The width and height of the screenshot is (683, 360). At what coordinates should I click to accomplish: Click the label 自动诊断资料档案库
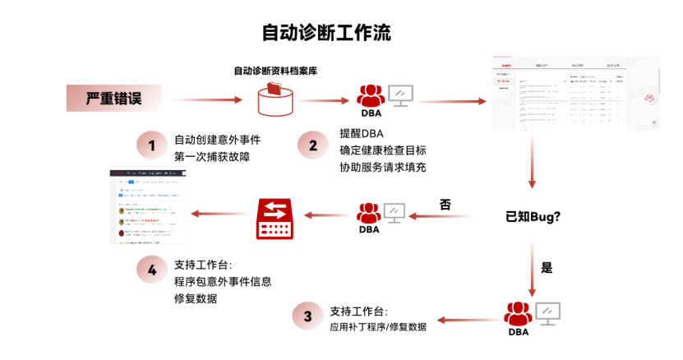(x=275, y=71)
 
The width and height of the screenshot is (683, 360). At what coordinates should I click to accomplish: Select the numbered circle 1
(x=151, y=145)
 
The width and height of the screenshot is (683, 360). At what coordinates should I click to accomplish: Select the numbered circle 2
(x=312, y=145)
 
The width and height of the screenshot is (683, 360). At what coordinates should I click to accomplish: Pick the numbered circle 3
(x=307, y=316)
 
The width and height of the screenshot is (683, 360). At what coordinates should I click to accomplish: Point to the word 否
(x=445, y=203)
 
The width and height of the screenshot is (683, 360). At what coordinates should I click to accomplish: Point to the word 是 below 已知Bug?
(x=547, y=267)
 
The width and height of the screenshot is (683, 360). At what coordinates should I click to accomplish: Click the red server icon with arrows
(x=274, y=217)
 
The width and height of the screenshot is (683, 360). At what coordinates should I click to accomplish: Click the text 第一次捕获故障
(x=212, y=155)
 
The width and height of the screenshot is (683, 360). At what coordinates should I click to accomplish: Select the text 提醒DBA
(x=362, y=134)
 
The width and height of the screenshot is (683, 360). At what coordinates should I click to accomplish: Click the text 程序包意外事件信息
(x=223, y=281)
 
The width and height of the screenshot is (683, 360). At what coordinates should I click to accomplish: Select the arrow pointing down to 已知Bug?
(x=533, y=160)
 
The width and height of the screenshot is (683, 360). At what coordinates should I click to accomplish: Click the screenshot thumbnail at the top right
(x=575, y=95)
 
